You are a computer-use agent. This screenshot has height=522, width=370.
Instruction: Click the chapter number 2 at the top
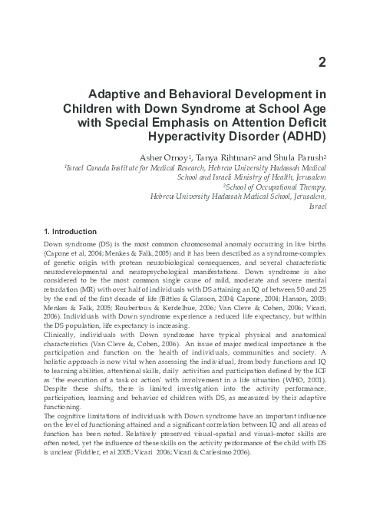[x=322, y=61]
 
